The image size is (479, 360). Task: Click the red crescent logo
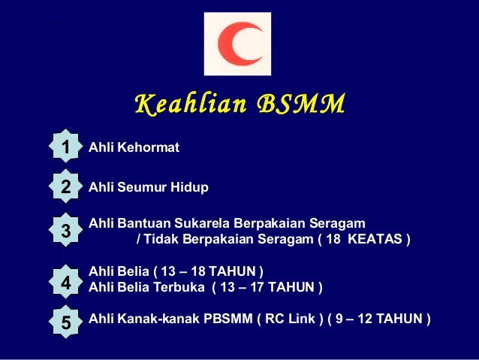237,44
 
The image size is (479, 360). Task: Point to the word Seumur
141,187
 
